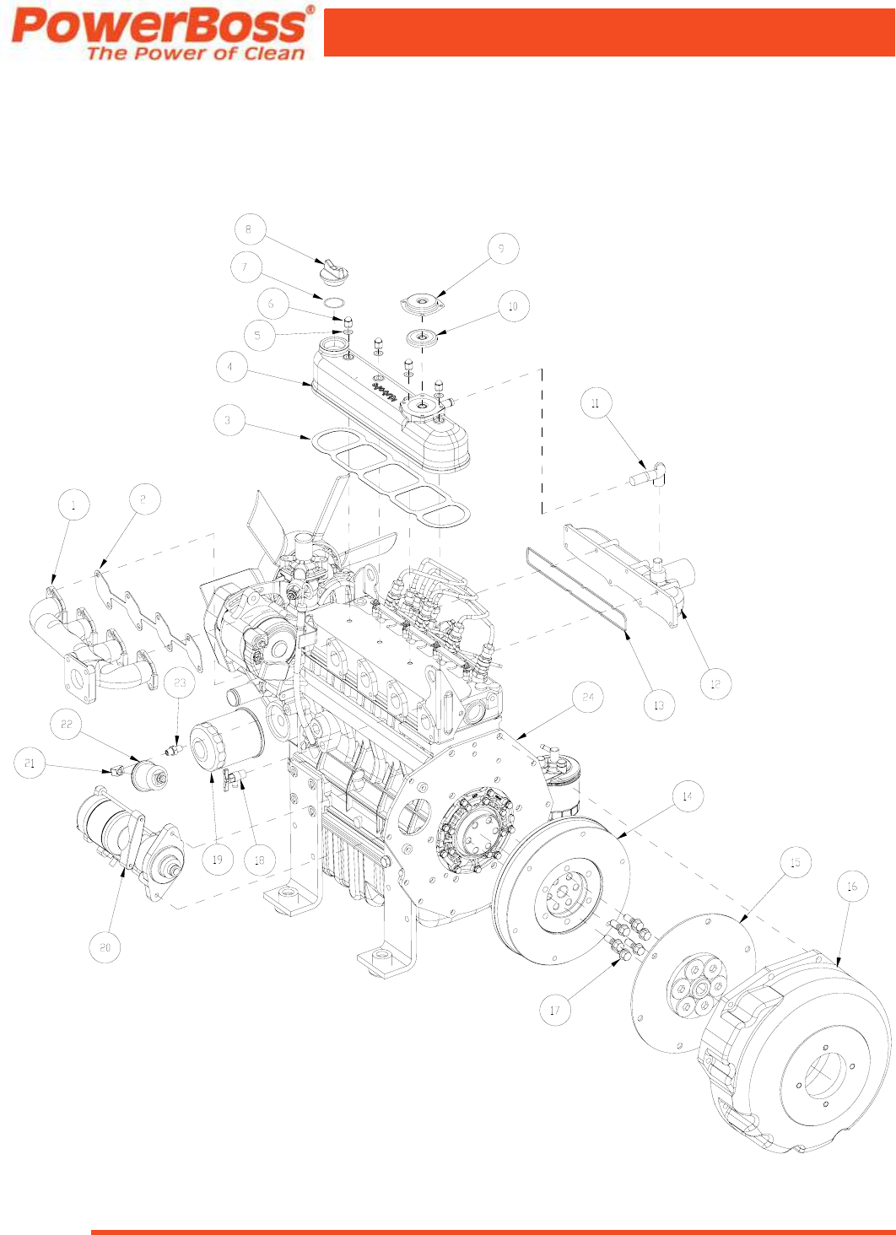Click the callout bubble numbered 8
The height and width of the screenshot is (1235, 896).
coord(249,229)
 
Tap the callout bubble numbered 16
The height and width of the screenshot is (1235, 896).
coord(852,887)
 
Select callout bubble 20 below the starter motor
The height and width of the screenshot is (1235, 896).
coord(105,947)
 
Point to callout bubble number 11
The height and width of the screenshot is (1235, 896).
coord(596,403)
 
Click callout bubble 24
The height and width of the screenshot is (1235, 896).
coord(588,697)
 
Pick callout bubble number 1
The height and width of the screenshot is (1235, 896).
coord(73,506)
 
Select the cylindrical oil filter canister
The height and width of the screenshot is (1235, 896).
coord(226,742)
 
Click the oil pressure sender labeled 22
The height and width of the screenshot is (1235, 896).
coord(150,771)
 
